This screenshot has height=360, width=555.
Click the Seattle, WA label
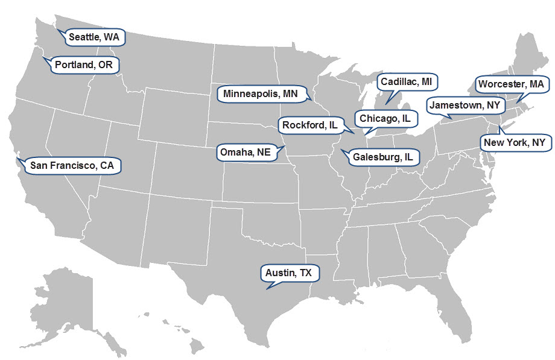[x=94, y=37]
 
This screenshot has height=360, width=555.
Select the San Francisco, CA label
[x=72, y=165]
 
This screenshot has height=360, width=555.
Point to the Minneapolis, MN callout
[x=261, y=94]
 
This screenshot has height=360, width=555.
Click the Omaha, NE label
[x=245, y=152]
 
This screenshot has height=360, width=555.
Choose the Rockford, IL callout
[x=310, y=125]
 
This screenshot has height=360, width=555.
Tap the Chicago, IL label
[x=385, y=119]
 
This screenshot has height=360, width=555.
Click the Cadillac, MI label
[x=406, y=81]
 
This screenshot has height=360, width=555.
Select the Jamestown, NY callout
[x=465, y=105]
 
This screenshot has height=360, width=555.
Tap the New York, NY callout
[x=514, y=143]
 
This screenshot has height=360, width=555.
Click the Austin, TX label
[x=289, y=273]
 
